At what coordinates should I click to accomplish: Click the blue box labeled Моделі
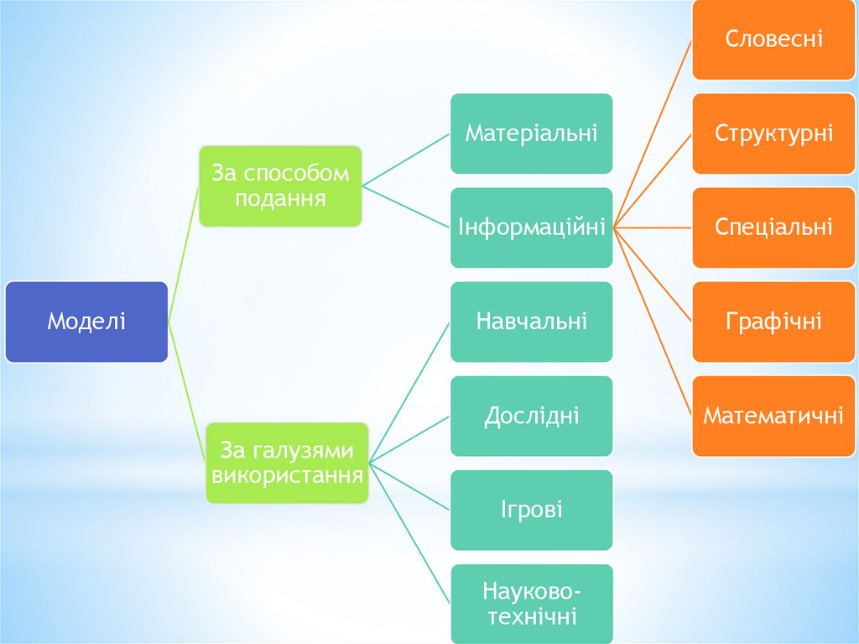coord(86,322)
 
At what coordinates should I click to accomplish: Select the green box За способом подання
coord(280,186)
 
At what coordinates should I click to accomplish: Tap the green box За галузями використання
coord(287,463)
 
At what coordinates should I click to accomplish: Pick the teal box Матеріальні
coord(531,134)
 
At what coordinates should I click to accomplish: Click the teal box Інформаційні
coord(531,228)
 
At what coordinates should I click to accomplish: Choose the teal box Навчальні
coord(531,322)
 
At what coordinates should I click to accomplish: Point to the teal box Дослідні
coord(531,416)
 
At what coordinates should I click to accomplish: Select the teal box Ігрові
coord(531,510)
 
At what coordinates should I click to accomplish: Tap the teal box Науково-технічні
coord(531,604)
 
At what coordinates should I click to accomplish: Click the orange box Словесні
coord(773,39)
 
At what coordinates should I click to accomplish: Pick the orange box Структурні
coord(773,134)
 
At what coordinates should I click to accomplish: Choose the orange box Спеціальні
coord(773,228)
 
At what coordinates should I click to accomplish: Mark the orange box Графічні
coord(773,322)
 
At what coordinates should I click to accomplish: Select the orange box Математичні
coord(773,416)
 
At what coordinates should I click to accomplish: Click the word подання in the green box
coord(280,199)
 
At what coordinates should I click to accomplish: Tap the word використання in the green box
coord(287,476)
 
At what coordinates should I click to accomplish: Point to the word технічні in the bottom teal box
coord(531,617)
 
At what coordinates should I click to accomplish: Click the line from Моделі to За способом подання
coord(184,252)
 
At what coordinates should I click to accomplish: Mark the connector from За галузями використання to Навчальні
coord(410,390)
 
